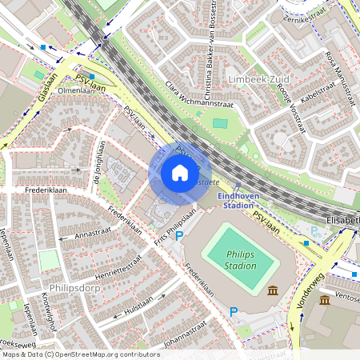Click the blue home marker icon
coord(180,173)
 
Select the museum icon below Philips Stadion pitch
coord(274,290)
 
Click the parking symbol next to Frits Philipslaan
coord(179,236)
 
